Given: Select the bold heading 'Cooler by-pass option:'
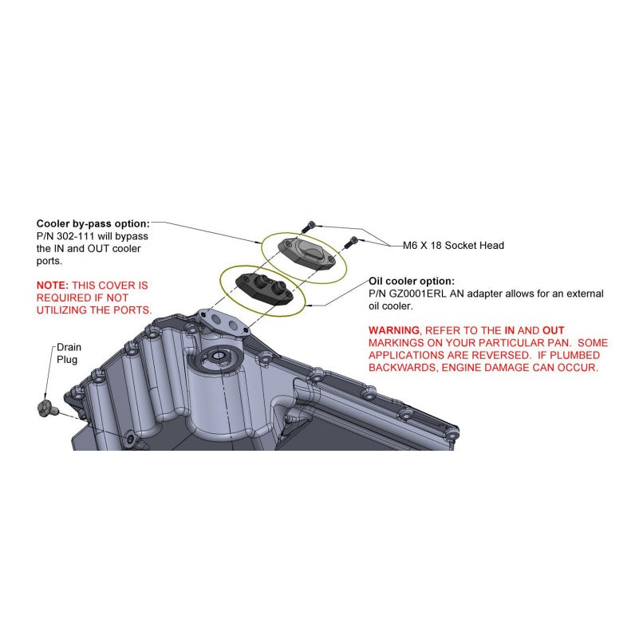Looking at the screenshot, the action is pos(93,223).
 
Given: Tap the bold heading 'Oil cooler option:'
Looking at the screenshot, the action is pos(411,281).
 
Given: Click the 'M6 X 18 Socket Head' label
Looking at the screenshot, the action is pos(453,246).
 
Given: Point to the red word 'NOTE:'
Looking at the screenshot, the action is pos(53,286).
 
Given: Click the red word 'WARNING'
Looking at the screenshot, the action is pos(393,330).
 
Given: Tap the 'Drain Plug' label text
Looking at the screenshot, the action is pos(69,353).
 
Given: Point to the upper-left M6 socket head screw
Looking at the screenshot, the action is pos(309,227).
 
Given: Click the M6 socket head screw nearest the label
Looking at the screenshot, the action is pos(350,243).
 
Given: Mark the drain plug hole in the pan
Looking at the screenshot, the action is pos(130,440).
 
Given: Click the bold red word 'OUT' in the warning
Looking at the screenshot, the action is pos(553,330).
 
